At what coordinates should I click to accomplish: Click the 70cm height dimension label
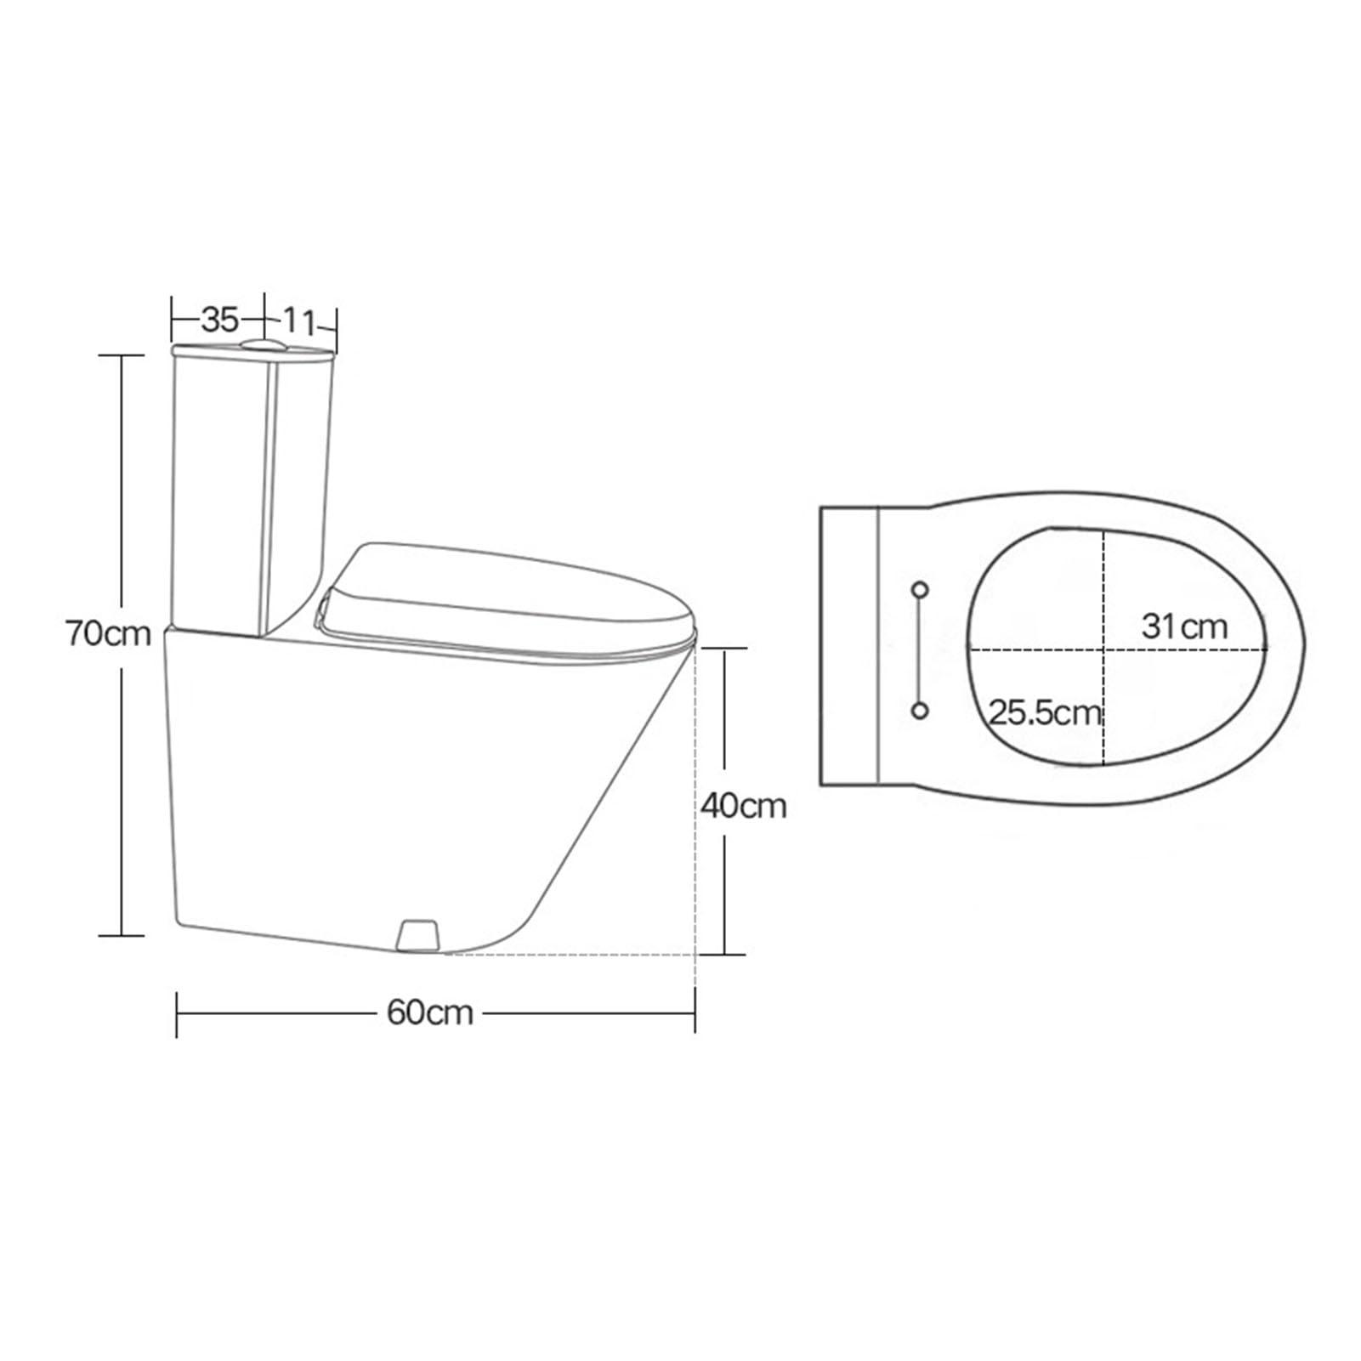point(108,634)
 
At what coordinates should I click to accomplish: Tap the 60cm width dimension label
point(429,1012)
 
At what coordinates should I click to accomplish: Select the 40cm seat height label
point(743,805)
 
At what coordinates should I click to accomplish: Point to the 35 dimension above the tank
point(219,320)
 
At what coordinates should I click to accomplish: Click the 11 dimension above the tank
point(298,321)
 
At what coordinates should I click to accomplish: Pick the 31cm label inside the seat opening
point(1184,627)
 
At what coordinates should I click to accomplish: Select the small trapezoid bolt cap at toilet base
point(418,933)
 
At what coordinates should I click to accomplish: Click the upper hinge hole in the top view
point(920,589)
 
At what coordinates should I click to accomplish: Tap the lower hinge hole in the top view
point(920,711)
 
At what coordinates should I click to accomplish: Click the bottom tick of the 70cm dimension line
point(122,936)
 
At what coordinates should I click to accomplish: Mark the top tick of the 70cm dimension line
point(122,355)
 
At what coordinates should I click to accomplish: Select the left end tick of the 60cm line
point(177,1013)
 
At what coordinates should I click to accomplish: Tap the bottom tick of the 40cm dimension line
point(724,954)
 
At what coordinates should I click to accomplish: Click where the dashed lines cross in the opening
point(1103,649)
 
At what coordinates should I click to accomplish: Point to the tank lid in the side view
point(252,351)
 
